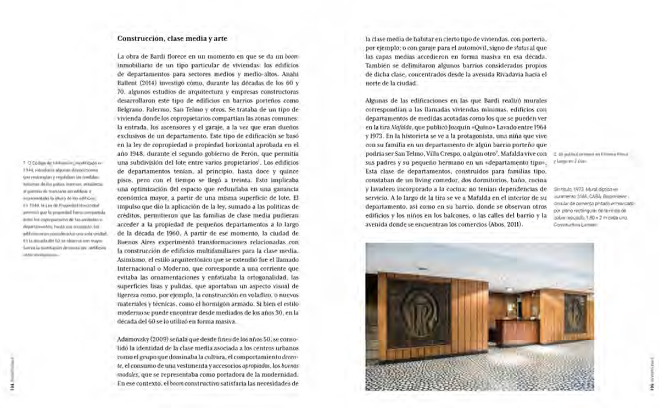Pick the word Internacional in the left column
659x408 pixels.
coord(140,269)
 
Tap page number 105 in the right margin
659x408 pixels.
coord(649,384)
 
